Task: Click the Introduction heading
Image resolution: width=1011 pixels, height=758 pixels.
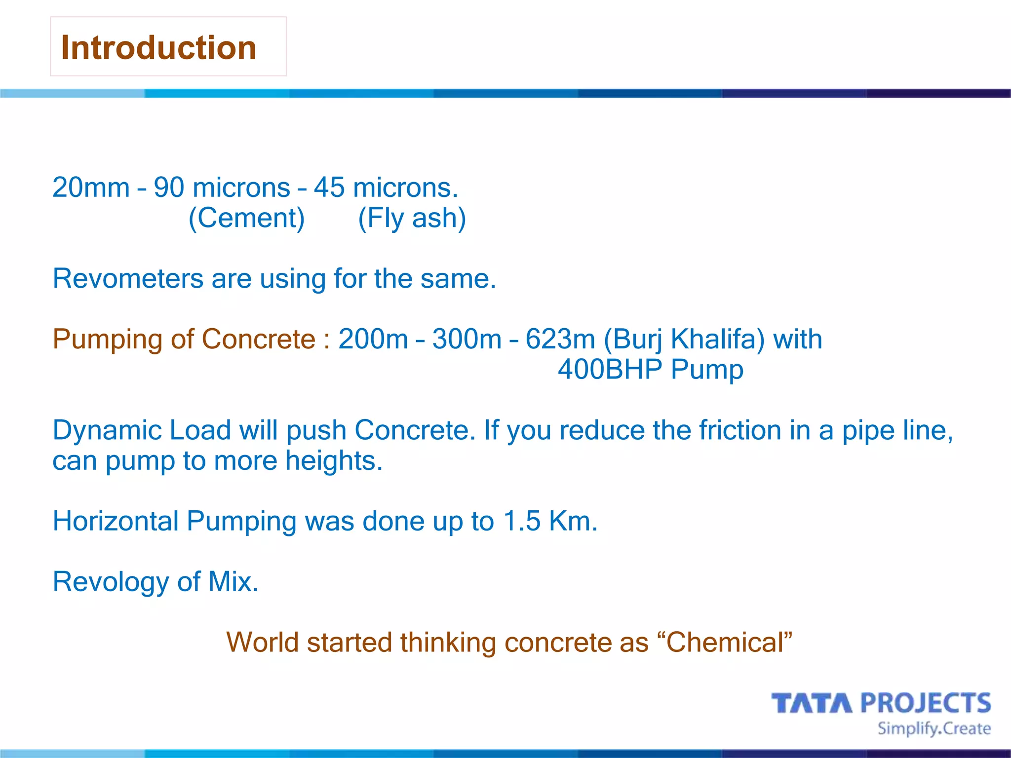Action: (x=158, y=48)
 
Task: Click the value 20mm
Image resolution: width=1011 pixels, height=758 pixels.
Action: (x=91, y=188)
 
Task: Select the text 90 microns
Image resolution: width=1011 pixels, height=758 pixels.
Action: (x=222, y=188)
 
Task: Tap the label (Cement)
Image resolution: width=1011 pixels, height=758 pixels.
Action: (x=246, y=218)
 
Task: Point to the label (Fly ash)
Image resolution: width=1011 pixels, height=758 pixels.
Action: (x=412, y=218)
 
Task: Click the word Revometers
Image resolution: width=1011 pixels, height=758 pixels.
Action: (x=128, y=279)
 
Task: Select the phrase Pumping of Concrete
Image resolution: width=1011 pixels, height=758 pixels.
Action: (x=184, y=340)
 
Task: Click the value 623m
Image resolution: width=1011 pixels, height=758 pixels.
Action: (x=560, y=340)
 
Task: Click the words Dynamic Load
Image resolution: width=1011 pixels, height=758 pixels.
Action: (x=142, y=430)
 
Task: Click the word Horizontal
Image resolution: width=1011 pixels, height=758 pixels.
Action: (x=116, y=521)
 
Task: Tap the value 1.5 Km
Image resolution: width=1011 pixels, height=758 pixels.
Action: (x=550, y=521)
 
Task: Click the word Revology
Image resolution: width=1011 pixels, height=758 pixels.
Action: (x=111, y=582)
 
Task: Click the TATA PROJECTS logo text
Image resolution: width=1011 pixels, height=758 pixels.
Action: (x=881, y=703)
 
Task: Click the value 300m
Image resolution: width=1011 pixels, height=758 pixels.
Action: (x=467, y=340)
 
